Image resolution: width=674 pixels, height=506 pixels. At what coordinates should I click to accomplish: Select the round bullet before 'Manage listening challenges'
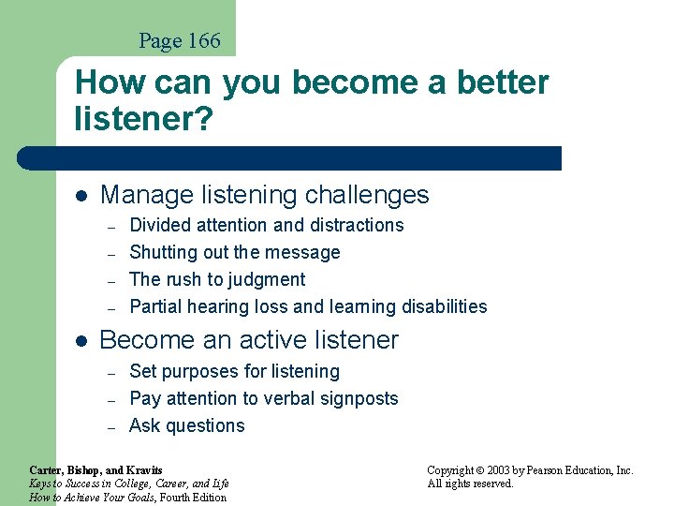[x=81, y=196]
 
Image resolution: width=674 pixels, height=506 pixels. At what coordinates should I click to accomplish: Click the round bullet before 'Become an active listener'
[x=81, y=341]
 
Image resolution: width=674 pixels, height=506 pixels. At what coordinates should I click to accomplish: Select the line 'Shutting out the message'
[x=235, y=252]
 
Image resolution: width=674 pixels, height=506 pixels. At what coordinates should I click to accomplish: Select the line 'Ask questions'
[x=187, y=425]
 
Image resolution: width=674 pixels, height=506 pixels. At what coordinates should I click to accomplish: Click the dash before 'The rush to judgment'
[x=110, y=280]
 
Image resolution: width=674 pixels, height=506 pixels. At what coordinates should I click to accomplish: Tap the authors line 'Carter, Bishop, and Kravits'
[x=95, y=469]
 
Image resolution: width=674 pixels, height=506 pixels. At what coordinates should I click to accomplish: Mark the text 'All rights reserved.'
[x=470, y=484]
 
